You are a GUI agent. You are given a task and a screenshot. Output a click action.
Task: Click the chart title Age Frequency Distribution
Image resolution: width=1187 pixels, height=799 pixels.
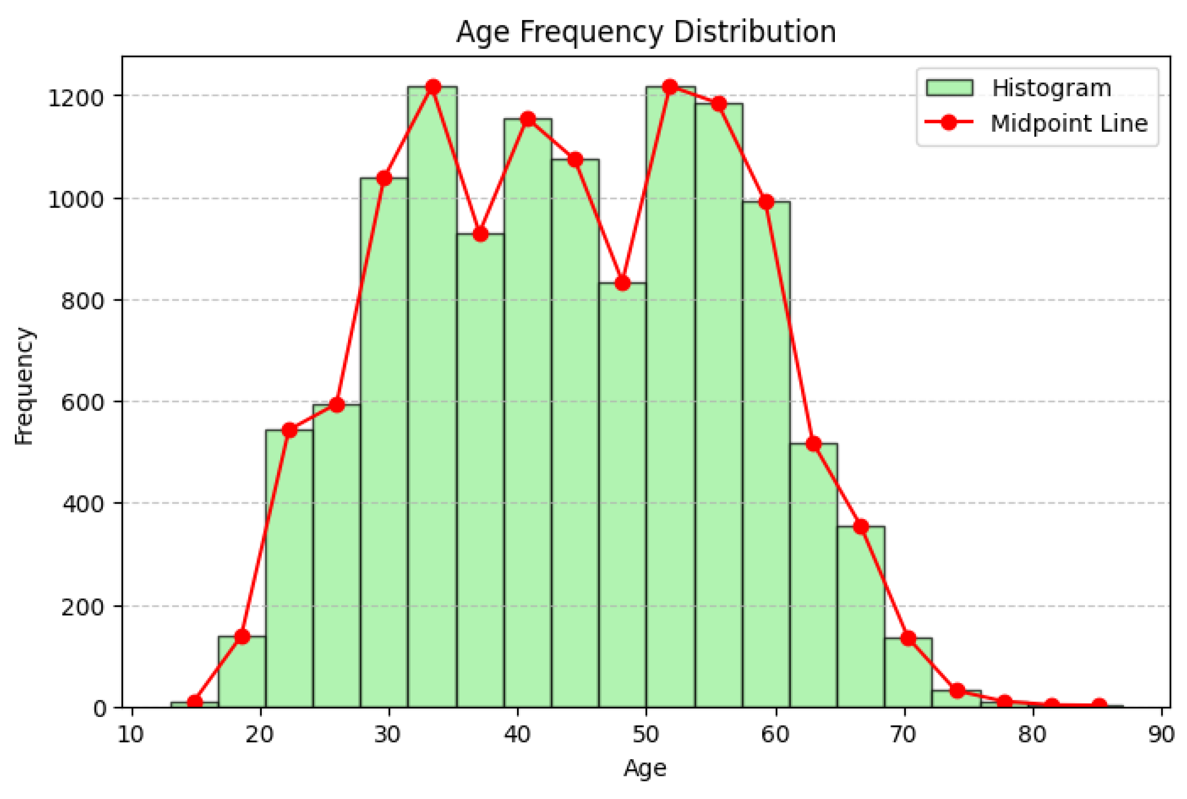[x=645, y=32]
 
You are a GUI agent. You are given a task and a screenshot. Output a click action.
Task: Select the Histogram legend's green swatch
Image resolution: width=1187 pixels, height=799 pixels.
[x=949, y=88]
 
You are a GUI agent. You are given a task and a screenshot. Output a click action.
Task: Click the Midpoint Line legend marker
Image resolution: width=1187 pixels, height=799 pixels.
[x=948, y=123]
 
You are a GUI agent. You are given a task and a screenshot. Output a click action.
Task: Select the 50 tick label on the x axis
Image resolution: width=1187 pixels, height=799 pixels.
[x=646, y=735]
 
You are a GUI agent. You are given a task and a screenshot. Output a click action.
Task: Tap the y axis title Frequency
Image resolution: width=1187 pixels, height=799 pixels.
[x=24, y=386]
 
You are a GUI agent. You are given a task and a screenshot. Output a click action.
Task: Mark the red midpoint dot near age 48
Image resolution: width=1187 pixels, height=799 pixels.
[x=622, y=283]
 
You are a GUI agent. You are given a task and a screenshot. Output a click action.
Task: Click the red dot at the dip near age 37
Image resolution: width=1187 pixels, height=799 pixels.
[x=480, y=234]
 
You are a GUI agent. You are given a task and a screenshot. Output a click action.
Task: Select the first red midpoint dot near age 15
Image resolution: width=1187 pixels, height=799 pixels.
[x=194, y=702]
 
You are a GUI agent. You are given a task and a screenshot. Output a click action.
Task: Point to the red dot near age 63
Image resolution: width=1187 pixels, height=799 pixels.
[x=814, y=444]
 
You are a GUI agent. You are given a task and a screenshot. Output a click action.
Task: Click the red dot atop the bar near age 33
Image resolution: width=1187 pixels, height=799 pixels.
[x=433, y=87]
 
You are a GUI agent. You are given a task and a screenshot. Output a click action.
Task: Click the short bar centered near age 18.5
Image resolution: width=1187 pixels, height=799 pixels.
[x=242, y=672]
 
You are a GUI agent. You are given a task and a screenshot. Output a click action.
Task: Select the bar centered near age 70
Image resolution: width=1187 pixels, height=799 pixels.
[x=909, y=672]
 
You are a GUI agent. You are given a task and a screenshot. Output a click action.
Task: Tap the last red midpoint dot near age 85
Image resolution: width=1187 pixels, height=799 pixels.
[x=1099, y=706]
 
